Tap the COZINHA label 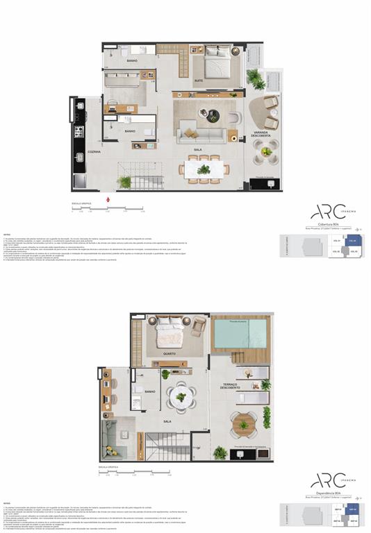click(94, 151)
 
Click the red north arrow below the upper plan click(108, 201)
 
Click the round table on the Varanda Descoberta click(266, 151)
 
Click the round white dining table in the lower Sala click(181, 398)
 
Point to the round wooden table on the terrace click(243, 424)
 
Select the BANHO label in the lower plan click(150, 391)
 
